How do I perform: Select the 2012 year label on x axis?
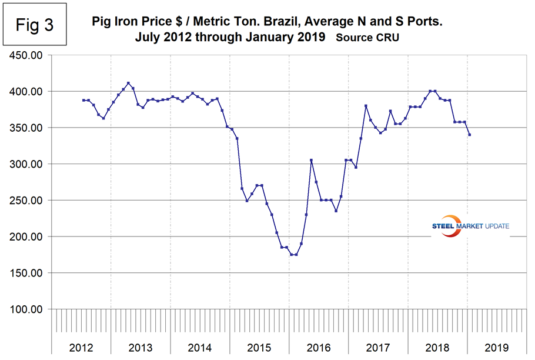click(81, 347)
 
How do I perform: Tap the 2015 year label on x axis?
click(259, 347)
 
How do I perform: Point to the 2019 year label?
click(497, 347)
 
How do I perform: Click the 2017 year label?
click(378, 347)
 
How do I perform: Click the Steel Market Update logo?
click(470, 226)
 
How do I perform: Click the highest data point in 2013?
click(128, 84)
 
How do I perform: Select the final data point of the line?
click(469, 135)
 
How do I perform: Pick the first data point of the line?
click(83, 101)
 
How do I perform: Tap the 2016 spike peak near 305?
click(311, 160)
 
